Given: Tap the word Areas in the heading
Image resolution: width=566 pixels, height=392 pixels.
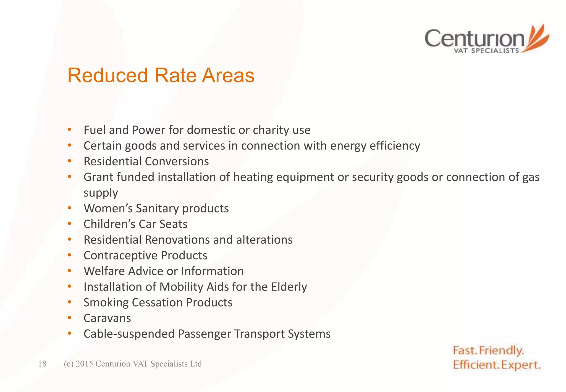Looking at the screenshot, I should [x=228, y=75].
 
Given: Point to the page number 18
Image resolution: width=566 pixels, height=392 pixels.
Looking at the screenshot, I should [x=42, y=364].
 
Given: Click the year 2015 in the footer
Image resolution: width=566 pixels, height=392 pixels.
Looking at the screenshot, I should [x=84, y=364].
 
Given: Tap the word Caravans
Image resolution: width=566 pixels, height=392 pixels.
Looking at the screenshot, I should [x=107, y=318].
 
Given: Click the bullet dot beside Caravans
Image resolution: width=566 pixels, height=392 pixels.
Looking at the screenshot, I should [x=70, y=318].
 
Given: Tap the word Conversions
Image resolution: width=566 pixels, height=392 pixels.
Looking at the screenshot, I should [x=177, y=161].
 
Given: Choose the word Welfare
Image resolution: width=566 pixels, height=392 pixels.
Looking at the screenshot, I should [x=104, y=271].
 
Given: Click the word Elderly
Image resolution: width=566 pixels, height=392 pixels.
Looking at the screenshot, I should [x=289, y=287].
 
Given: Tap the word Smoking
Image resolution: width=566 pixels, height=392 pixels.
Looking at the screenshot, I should [x=106, y=303].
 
